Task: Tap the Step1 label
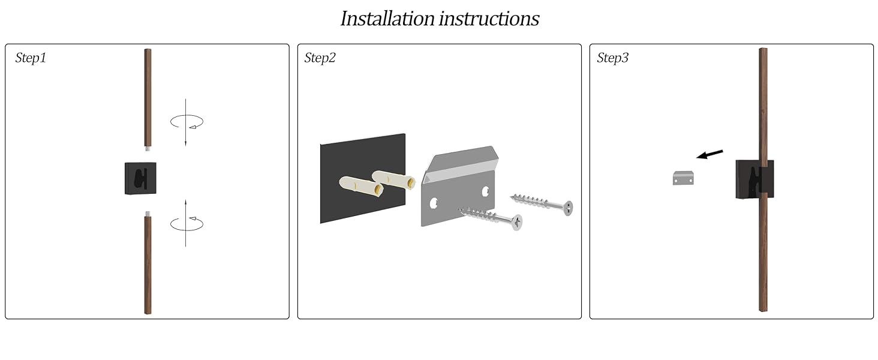click(31, 58)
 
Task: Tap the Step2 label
click(320, 58)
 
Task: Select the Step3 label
click(612, 58)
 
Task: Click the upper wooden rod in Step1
click(148, 96)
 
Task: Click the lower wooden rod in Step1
click(148, 264)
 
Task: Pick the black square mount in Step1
click(140, 178)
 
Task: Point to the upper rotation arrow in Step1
click(187, 122)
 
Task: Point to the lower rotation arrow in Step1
click(187, 224)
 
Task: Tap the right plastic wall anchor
click(393, 179)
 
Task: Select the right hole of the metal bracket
click(486, 191)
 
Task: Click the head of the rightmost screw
click(567, 208)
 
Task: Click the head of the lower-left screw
click(516, 223)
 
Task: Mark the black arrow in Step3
click(710, 154)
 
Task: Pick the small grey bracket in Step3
click(683, 178)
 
